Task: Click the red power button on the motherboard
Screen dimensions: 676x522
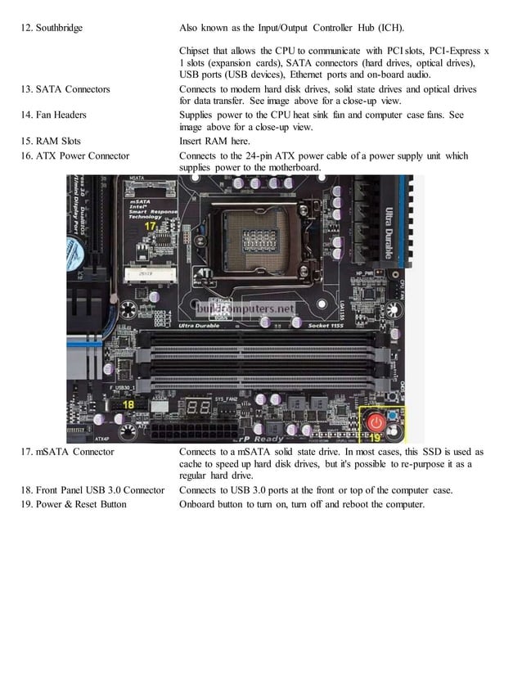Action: [376, 422]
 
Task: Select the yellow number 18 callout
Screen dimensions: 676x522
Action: [128, 404]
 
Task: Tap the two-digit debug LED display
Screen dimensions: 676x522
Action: [197, 408]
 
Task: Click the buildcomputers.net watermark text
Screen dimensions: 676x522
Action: [245, 309]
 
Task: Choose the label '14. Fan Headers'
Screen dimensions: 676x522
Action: [58, 115]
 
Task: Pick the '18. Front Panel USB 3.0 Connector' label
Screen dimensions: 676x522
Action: [90, 490]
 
